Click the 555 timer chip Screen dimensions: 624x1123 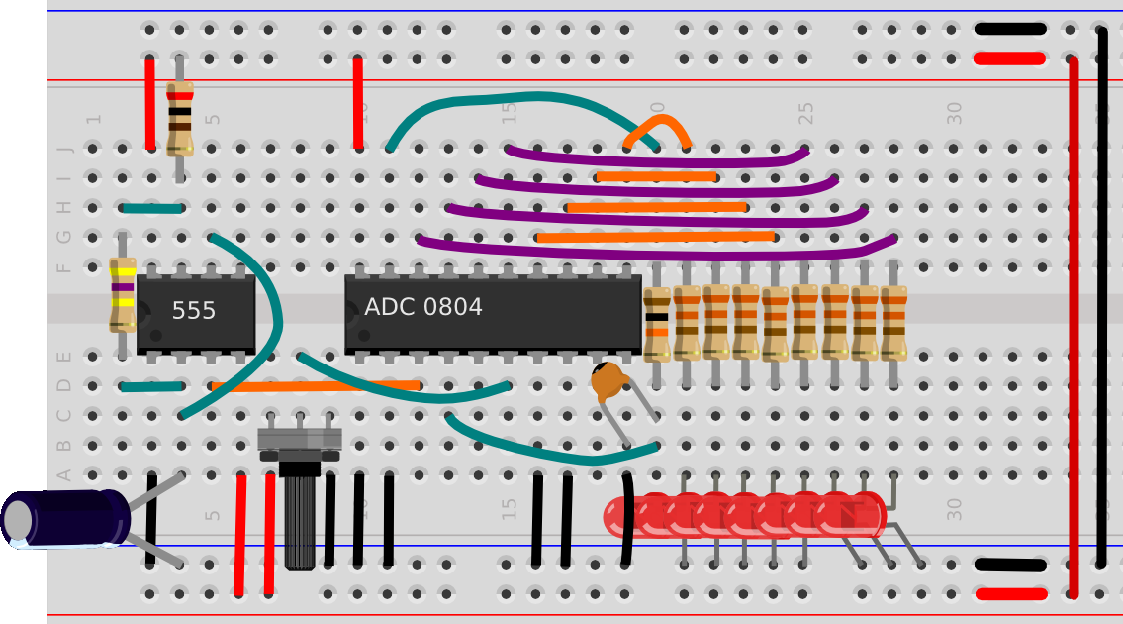coord(195,312)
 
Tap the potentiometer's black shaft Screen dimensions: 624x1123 coord(299,520)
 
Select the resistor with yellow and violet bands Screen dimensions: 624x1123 coord(122,294)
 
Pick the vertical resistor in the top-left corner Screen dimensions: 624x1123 coord(179,119)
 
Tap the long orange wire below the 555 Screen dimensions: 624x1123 coord(315,385)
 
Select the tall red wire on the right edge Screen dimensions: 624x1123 coord(1073,327)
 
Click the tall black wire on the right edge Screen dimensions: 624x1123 coord(1102,297)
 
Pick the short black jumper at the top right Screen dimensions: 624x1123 coord(1009,29)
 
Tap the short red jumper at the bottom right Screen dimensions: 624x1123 coord(1010,594)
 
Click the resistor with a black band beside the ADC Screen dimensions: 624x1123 coord(656,324)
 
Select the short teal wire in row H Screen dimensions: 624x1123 coord(151,208)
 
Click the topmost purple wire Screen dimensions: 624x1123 coord(657,159)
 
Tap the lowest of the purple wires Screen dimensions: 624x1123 coord(657,251)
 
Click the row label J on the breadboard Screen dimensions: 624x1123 coord(65,149)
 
